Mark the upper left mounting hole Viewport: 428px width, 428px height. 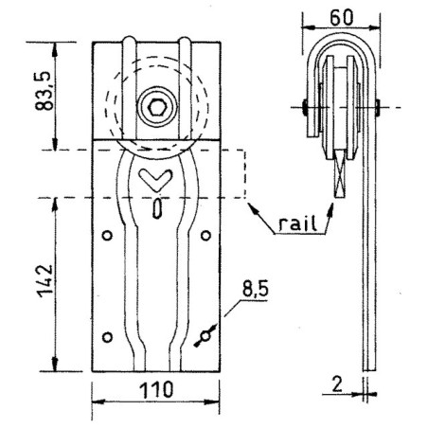click(107, 235)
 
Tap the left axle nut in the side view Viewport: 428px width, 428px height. click(302, 105)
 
